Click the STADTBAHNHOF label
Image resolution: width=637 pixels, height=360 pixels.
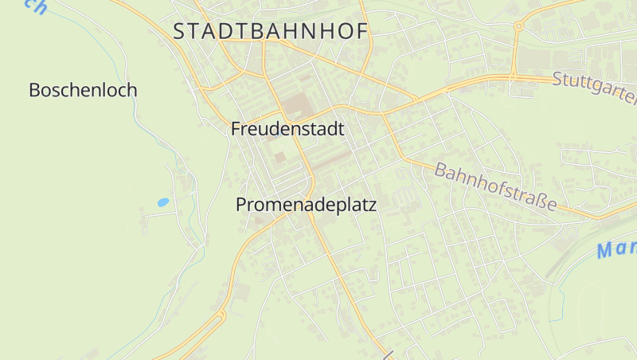click(x=271, y=31)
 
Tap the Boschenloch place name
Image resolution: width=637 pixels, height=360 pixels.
click(x=83, y=90)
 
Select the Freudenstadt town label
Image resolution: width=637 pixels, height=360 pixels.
click(x=287, y=129)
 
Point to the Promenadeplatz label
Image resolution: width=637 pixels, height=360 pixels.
click(x=306, y=205)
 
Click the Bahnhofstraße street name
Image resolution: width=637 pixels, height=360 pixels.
click(x=495, y=187)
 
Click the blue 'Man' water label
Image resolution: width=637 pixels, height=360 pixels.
click(x=617, y=248)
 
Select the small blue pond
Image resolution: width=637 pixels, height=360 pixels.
click(x=163, y=202)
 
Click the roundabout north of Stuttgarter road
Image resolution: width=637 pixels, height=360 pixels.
click(x=518, y=26)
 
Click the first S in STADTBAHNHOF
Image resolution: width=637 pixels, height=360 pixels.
click(x=179, y=31)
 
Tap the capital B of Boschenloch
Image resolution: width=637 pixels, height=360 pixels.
click(x=34, y=90)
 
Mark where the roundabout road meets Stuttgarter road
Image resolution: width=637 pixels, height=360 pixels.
click(x=513, y=76)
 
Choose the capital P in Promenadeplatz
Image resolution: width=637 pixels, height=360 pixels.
click(x=241, y=205)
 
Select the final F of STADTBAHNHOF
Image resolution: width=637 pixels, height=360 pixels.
click(x=361, y=31)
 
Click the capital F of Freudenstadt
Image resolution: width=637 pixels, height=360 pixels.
click(x=236, y=129)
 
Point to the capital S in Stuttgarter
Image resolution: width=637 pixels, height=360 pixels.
click(x=557, y=78)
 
